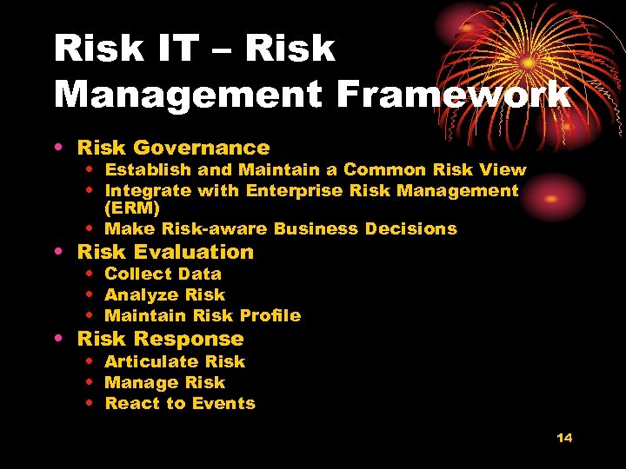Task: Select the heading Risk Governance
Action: (x=173, y=149)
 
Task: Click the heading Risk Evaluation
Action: (x=165, y=252)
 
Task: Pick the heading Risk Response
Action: (x=160, y=339)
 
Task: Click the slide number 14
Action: (x=564, y=438)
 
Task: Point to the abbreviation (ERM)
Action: (x=132, y=208)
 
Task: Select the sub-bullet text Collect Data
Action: (x=163, y=274)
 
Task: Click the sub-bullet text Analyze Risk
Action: (x=164, y=294)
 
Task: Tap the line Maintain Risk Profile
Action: (x=202, y=315)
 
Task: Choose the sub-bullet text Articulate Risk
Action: (x=175, y=361)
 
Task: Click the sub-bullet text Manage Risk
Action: (x=164, y=382)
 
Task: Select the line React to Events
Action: (x=180, y=403)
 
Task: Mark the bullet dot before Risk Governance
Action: (x=57, y=149)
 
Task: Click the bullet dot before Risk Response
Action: (x=57, y=340)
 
